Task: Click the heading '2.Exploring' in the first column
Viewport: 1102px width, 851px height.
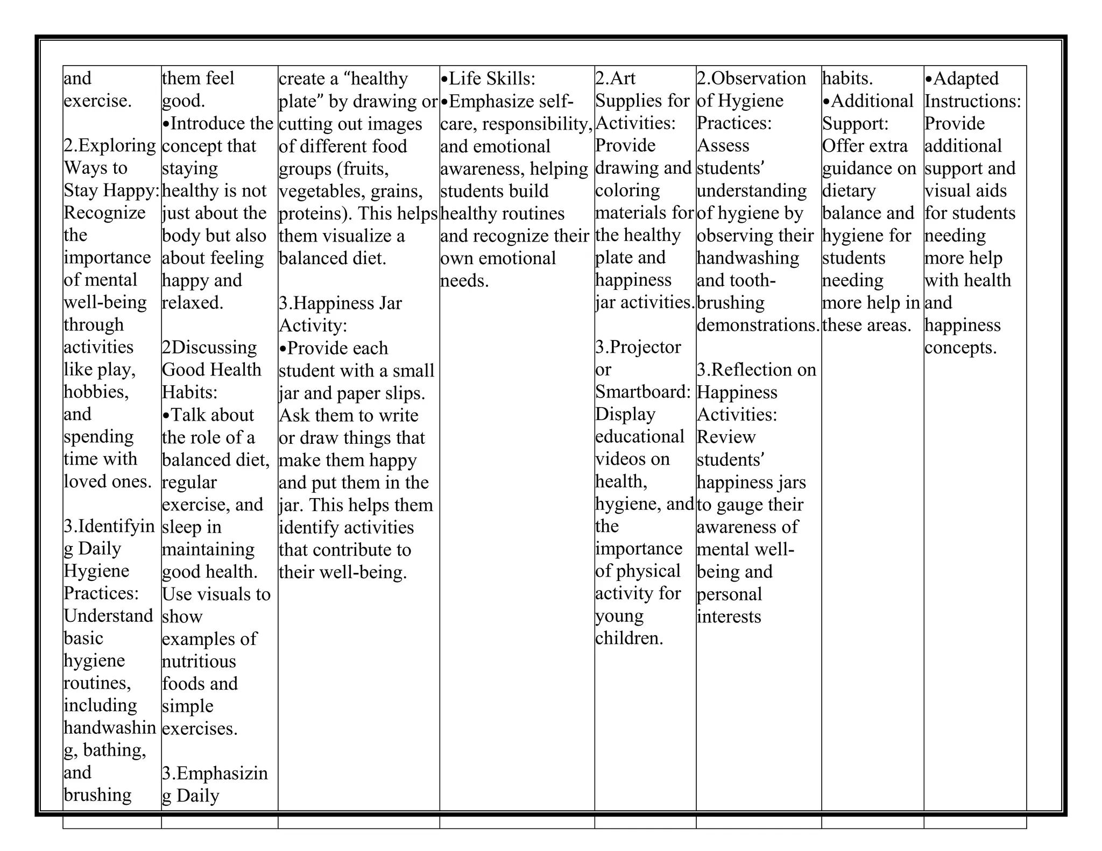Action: [x=110, y=145]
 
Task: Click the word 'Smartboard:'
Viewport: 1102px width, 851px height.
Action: [x=642, y=392]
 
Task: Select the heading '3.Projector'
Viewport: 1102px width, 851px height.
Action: [x=638, y=347]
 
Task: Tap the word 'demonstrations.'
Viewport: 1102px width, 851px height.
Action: [x=758, y=325]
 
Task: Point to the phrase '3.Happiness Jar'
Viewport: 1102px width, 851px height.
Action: [x=340, y=303]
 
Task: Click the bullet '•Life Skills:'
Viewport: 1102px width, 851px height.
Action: [x=488, y=79]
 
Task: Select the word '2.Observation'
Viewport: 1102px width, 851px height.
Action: [x=751, y=79]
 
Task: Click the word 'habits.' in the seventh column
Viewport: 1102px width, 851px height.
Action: [x=847, y=79]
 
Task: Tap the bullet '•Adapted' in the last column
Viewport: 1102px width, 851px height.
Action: [x=962, y=79]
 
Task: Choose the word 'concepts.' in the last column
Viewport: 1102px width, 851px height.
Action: [x=960, y=348]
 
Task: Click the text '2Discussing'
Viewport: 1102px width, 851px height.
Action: [x=209, y=347]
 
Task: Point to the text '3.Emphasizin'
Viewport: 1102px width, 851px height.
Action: [x=215, y=773]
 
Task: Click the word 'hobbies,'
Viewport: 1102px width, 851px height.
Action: [x=96, y=392]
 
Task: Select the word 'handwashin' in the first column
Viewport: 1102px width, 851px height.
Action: [x=110, y=728]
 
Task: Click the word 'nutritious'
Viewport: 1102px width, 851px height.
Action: [x=199, y=661]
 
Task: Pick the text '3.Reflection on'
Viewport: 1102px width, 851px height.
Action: [x=757, y=370]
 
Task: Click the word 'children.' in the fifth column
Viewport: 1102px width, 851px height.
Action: [x=629, y=639]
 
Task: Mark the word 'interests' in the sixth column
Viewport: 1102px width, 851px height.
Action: [x=729, y=616]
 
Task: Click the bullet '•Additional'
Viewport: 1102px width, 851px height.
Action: [x=867, y=101]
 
